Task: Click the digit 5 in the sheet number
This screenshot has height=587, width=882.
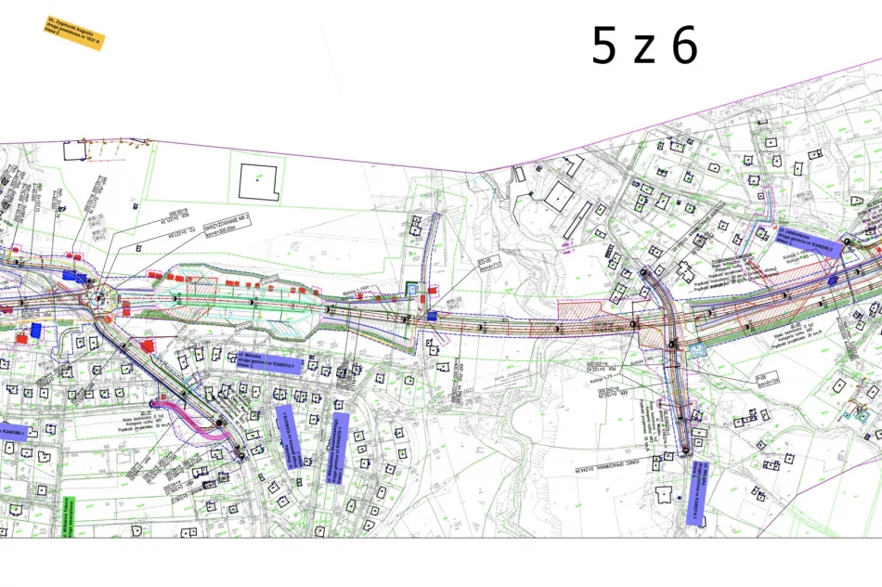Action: [x=603, y=46]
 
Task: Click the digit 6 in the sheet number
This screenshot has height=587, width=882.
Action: [x=684, y=46]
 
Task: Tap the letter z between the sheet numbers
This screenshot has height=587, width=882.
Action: [x=643, y=52]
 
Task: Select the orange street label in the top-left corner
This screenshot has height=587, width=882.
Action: [x=74, y=32]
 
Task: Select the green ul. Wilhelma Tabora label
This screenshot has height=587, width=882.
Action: [x=67, y=516]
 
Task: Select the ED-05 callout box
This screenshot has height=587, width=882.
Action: [x=490, y=264]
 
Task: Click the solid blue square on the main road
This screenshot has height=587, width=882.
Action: [x=430, y=317]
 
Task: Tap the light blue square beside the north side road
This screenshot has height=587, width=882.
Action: [x=412, y=289]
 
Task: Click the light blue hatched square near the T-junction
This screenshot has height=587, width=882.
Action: [x=700, y=349]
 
